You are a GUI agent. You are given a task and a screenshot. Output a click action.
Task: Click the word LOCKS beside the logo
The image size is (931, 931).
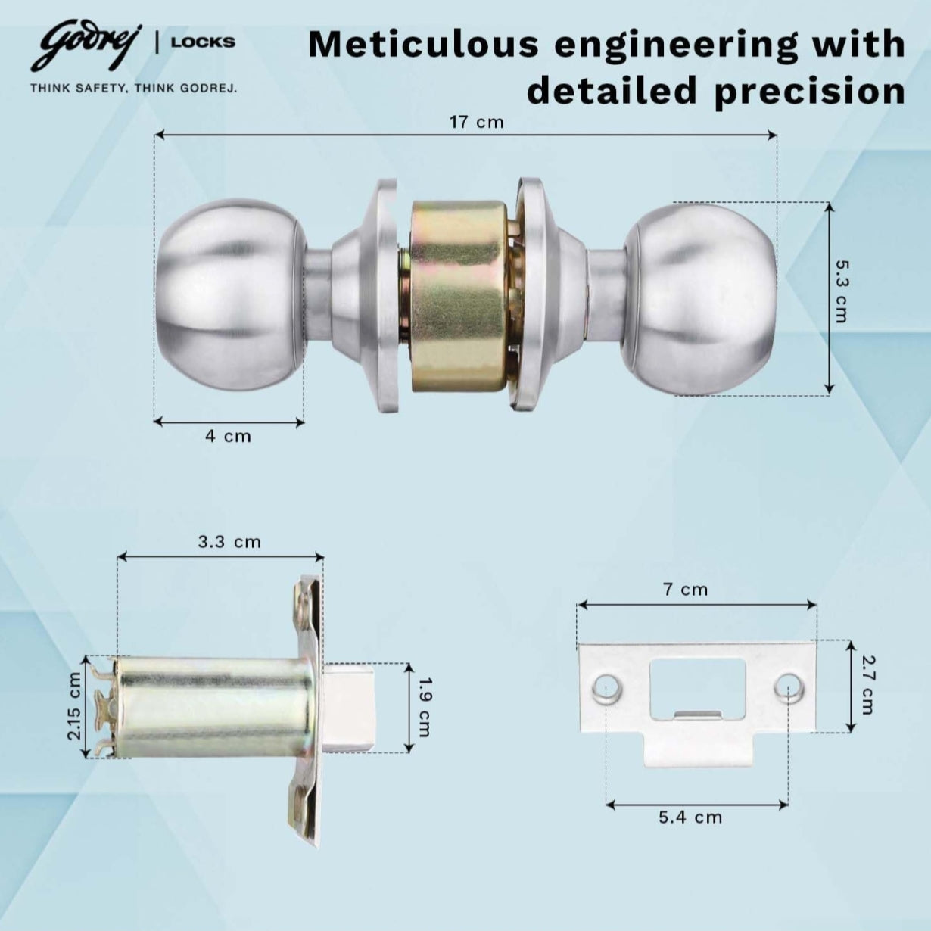point(203,42)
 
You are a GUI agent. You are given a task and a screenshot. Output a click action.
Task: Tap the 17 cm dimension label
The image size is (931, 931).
point(476,122)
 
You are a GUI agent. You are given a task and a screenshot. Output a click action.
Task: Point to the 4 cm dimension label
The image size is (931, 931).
point(228,436)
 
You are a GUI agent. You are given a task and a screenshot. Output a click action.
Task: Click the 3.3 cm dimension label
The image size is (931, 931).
point(229,542)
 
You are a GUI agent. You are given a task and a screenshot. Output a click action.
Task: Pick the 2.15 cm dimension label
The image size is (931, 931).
point(74,706)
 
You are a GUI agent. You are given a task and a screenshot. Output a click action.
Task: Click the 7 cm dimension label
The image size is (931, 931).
point(685,590)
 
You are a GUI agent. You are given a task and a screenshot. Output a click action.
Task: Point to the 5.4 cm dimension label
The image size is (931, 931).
point(690,817)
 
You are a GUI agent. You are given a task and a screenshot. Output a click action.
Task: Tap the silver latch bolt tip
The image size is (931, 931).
point(350,706)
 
